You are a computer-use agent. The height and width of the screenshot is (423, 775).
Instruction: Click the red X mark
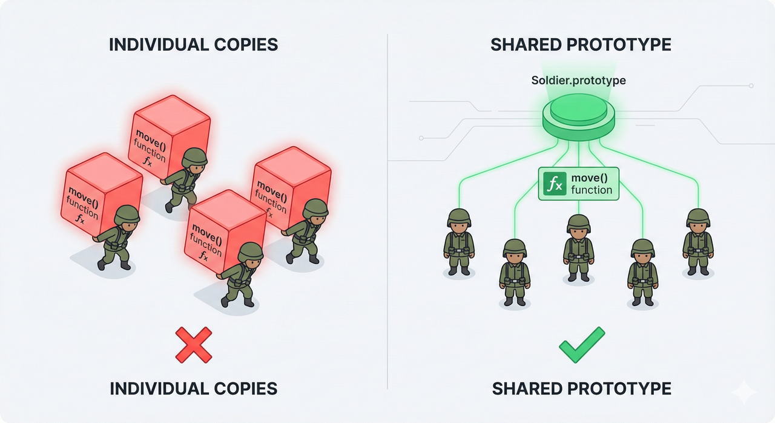pyautogui.click(x=193, y=345)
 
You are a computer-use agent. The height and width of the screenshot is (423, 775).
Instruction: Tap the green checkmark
pyautogui.click(x=581, y=345)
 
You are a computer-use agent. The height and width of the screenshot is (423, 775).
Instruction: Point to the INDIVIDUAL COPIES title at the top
pyautogui.click(x=193, y=45)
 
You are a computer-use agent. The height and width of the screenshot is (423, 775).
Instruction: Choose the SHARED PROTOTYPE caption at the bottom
pyautogui.click(x=581, y=388)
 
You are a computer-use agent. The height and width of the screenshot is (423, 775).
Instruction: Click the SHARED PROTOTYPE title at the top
pyautogui.click(x=581, y=45)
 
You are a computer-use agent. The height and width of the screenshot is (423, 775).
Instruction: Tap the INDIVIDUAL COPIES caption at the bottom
pyautogui.click(x=193, y=388)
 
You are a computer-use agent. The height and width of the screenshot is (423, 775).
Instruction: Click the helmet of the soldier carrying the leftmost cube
pyautogui.click(x=127, y=214)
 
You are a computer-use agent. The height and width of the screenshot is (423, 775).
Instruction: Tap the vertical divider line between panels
pyautogui.click(x=387, y=212)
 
